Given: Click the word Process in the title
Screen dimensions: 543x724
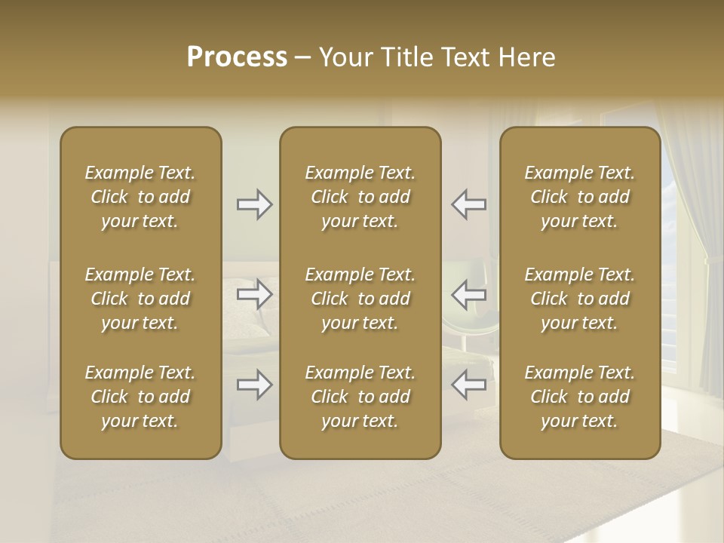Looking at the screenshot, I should point(237,57).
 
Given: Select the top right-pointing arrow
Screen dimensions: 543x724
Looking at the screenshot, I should point(255,204).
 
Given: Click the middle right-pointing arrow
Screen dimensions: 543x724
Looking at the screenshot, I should point(255,294).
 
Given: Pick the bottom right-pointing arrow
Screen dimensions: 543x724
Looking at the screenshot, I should point(255,385).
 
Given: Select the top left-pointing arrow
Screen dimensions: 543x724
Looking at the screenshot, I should point(469,204).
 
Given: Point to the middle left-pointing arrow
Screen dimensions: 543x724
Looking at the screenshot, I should point(469,294).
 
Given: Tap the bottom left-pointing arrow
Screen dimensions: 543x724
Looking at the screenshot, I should point(469,385).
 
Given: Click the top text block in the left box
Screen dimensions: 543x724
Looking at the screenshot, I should point(140,197).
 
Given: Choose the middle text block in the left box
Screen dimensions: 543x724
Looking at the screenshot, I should point(140,299).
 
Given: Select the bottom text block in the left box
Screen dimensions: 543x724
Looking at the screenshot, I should point(140,397).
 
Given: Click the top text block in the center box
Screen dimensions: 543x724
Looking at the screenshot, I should point(360,197).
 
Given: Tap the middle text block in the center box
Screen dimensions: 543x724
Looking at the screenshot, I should point(360,299).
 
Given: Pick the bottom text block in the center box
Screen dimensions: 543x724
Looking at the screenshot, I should point(360,397).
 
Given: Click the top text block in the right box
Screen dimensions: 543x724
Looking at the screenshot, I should point(580,197).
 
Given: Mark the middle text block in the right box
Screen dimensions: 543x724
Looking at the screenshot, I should point(580,299).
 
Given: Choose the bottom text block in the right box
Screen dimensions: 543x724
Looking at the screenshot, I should point(580,397).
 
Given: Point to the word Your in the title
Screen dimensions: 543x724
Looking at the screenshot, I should point(343,57).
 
